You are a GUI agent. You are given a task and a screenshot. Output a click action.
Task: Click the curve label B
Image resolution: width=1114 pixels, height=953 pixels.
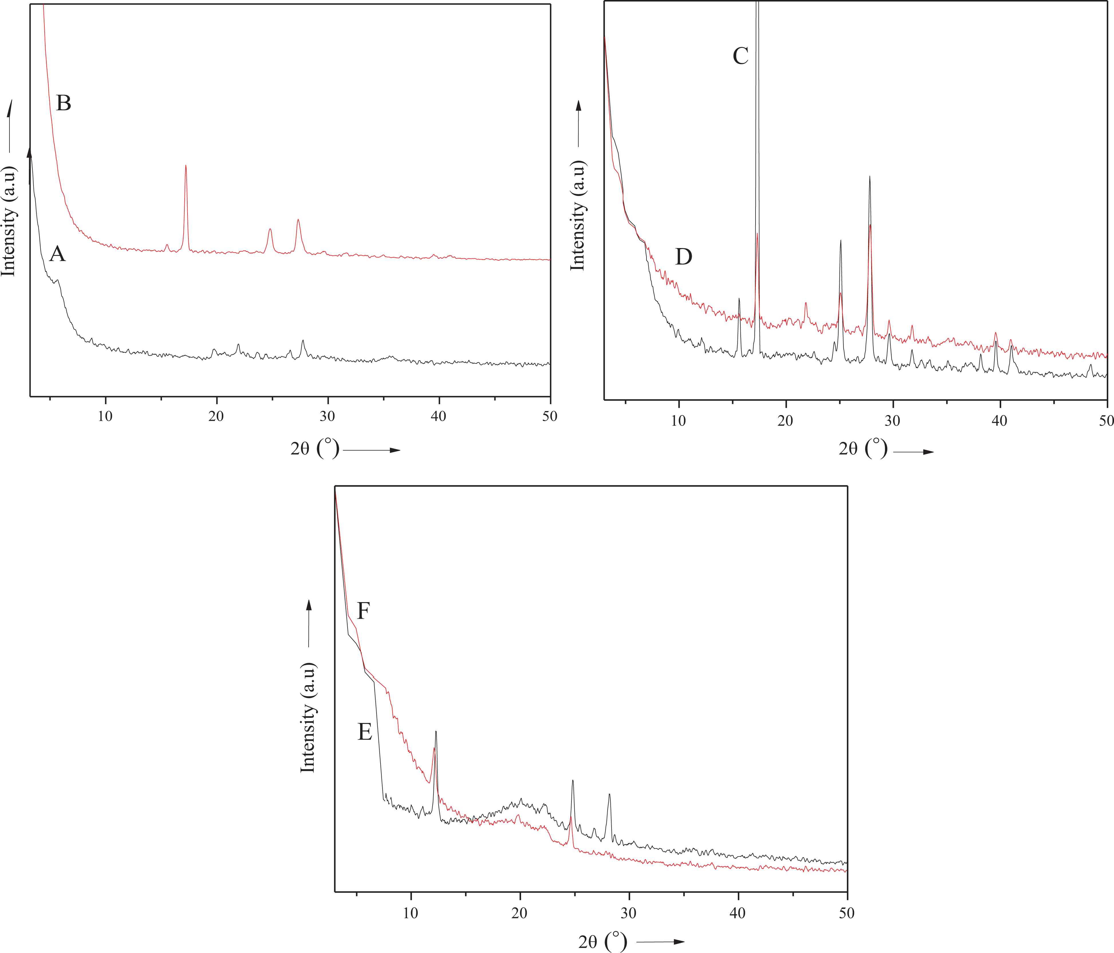64,103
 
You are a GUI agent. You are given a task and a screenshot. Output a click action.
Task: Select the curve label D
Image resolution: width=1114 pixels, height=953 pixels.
683,257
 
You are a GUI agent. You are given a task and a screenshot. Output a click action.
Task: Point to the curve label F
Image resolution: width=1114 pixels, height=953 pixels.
363,611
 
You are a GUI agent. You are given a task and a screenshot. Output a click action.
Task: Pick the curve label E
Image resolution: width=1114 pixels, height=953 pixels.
364,732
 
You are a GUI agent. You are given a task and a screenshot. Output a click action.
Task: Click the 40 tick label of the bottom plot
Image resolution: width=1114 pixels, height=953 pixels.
738,913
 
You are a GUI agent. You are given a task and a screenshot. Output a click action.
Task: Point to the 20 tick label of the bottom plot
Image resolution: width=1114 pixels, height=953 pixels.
519,913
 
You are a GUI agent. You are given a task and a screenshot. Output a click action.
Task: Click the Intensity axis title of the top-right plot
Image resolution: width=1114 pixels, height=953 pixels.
577,215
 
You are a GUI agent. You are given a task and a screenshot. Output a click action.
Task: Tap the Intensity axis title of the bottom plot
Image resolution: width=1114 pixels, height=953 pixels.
307,718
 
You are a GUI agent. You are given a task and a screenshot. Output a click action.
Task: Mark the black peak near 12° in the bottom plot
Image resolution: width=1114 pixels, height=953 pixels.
435,731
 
